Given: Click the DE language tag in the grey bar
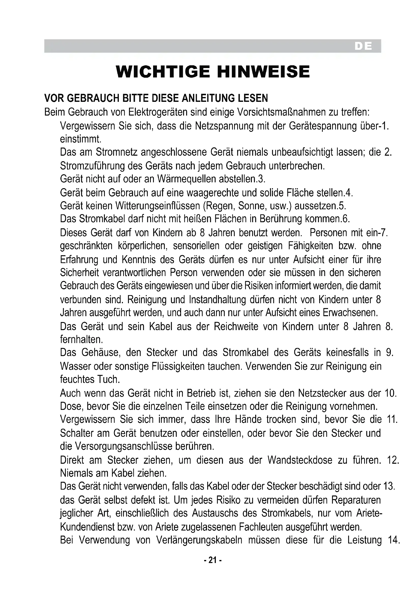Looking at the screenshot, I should pos(363,46).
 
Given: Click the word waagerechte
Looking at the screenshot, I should pos(213,192).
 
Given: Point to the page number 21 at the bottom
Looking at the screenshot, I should pos(213,560).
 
